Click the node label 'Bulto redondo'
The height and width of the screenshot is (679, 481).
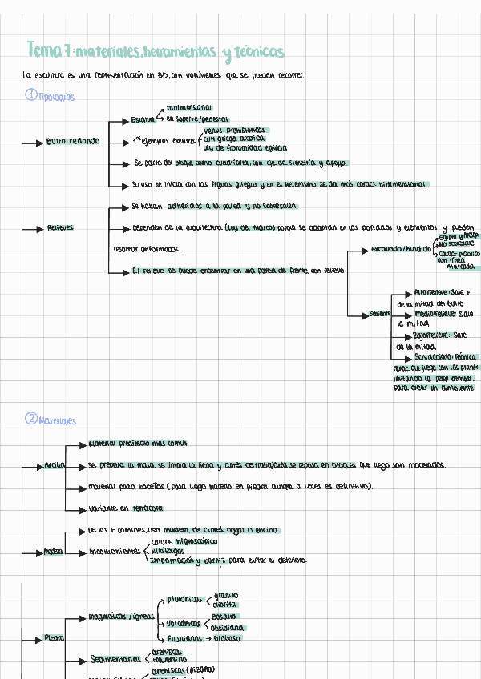[x=74, y=142]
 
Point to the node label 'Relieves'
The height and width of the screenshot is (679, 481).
[x=61, y=228]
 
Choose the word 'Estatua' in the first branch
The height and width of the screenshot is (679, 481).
[x=143, y=120]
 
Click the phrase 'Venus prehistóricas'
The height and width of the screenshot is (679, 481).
[x=234, y=130]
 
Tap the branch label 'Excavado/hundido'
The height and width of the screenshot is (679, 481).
[x=400, y=250]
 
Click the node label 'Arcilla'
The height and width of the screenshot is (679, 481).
[x=55, y=465]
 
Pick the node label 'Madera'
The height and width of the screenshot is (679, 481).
[x=53, y=552]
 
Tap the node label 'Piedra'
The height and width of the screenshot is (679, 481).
[x=55, y=638]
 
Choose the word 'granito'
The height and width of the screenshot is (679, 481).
[x=225, y=596]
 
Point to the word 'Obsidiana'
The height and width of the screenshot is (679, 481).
[x=228, y=628]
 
